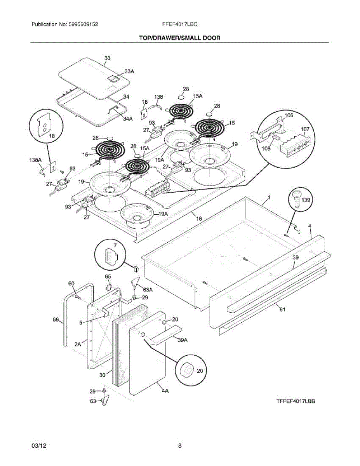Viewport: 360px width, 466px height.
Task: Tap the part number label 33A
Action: (129, 71)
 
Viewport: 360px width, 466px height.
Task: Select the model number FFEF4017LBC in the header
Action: (180, 24)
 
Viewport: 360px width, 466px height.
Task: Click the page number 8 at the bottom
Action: (180, 446)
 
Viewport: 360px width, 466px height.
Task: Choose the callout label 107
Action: (305, 130)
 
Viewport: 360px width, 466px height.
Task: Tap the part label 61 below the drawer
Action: (282, 310)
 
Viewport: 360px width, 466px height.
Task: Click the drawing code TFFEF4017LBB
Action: (296, 402)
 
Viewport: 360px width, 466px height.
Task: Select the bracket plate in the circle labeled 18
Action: (45, 126)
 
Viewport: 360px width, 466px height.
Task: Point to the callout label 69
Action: (56, 320)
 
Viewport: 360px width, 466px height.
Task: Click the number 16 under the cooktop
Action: (198, 219)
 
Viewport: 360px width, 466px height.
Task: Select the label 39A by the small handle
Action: (183, 341)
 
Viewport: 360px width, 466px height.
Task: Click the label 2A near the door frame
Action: (78, 344)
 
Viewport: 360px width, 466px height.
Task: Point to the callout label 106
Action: (289, 116)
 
